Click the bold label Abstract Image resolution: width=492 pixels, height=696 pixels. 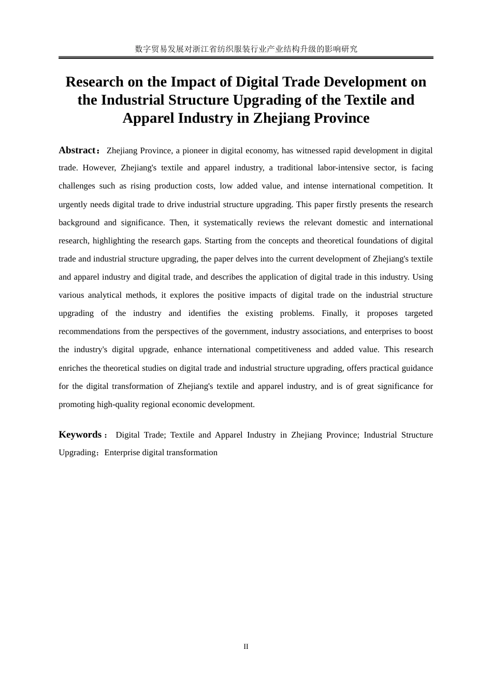coord(77,150)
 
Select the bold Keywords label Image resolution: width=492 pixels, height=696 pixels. coord(80,434)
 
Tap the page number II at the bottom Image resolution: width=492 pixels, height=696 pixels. coord(246,646)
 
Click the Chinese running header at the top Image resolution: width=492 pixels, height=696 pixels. coord(246,49)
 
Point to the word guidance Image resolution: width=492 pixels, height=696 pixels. coord(416,368)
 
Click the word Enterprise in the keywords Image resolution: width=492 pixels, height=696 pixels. coord(122,453)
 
